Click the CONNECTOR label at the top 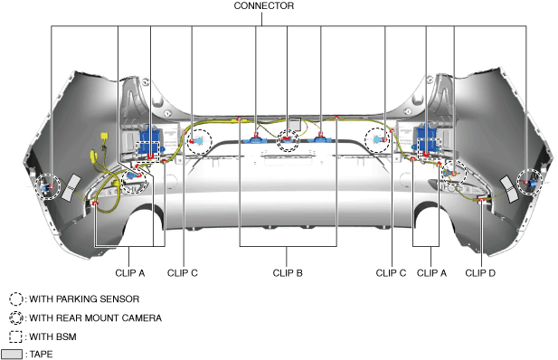(x=264, y=6)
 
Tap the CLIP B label (x=288, y=273)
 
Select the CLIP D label (x=480, y=273)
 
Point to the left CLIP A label (x=130, y=273)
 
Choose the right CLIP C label (x=391, y=273)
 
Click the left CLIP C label (x=182, y=273)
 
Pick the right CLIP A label (x=431, y=273)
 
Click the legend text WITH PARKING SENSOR (x=84, y=299)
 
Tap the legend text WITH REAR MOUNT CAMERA (x=95, y=318)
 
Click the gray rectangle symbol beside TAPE (x=12, y=355)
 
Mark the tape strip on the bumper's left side (x=71, y=187)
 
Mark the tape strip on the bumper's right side (x=509, y=189)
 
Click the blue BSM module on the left (x=149, y=143)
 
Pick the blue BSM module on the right (x=428, y=142)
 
